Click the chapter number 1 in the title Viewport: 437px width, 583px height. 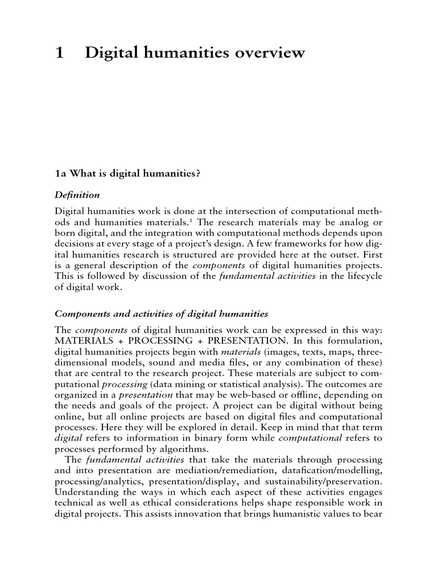[59, 54]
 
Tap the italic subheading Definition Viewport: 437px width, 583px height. [77, 195]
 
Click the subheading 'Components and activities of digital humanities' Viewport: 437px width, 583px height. [161, 314]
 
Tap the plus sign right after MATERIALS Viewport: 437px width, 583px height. [117, 340]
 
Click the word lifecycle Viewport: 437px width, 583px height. [361, 276]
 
